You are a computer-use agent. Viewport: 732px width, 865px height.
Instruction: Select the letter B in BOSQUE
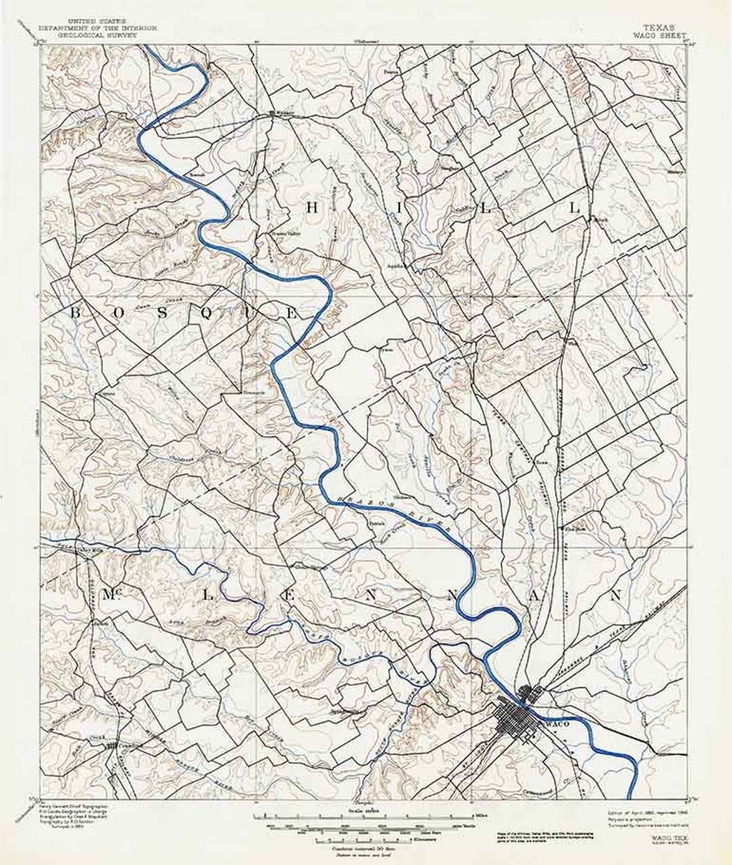pos(77,313)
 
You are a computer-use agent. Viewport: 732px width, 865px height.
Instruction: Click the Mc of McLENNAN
pos(109,595)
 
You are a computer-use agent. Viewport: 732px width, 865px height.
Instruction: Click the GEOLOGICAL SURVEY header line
pos(99,36)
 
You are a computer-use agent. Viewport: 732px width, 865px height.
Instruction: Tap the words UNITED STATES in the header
pos(99,22)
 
